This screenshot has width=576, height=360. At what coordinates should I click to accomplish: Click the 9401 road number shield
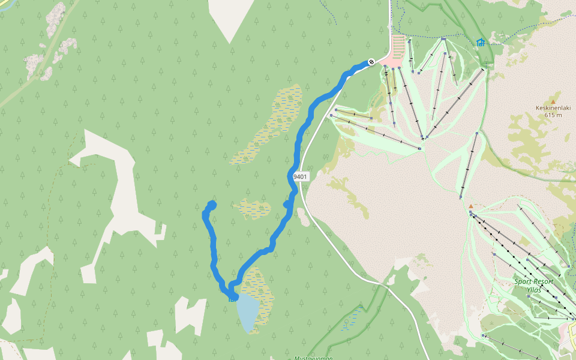click(x=300, y=177)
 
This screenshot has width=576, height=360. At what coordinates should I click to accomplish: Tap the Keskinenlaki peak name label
click(x=552, y=109)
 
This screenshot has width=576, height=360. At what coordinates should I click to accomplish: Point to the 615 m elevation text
click(x=553, y=115)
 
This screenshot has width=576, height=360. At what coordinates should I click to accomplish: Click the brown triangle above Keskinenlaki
click(x=552, y=101)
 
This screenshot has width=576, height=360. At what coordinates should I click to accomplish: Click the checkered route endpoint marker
click(x=371, y=61)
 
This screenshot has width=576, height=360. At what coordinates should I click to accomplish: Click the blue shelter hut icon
click(x=480, y=42)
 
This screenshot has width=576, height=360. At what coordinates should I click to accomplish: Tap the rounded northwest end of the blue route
click(x=211, y=205)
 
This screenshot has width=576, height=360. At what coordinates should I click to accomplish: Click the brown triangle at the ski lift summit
click(x=470, y=207)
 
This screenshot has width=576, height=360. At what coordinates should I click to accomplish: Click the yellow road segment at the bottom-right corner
click(x=572, y=329)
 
